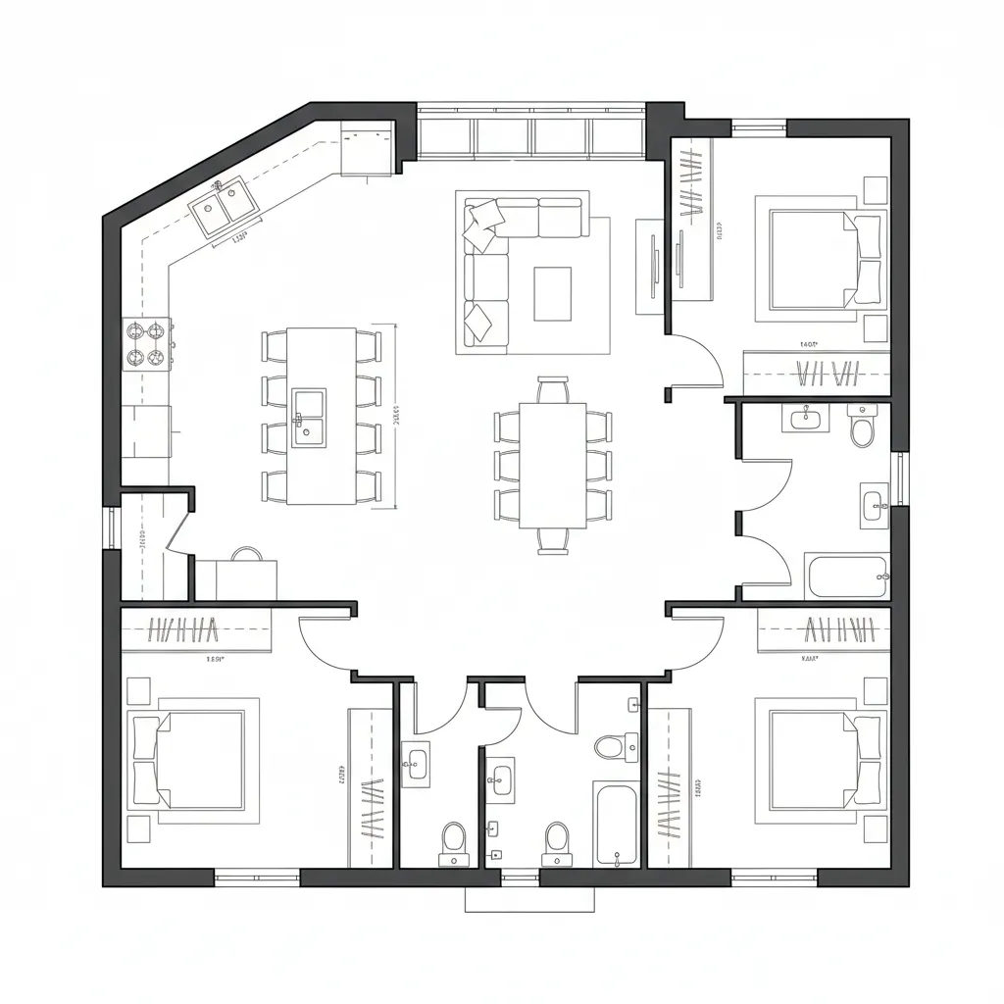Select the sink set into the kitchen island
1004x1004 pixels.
(x=309, y=418)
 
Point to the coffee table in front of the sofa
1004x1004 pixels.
(x=552, y=293)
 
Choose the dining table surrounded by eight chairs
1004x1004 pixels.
(x=552, y=464)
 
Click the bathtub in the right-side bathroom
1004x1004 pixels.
(x=847, y=577)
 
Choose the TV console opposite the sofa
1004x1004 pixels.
(x=650, y=266)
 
